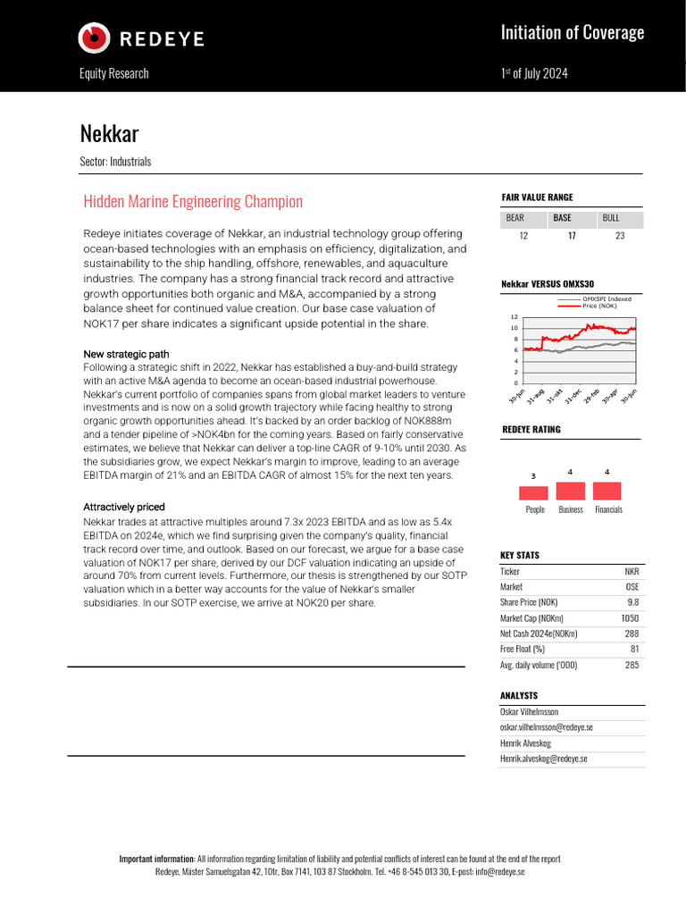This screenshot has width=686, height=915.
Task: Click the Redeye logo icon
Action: click(94, 38)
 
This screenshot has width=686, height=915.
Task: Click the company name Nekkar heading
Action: click(109, 134)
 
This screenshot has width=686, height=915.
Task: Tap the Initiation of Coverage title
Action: click(572, 33)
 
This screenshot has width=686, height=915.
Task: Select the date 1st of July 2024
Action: click(534, 73)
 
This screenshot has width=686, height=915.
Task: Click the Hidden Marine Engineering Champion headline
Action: click(192, 201)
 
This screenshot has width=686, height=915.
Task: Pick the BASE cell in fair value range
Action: click(562, 217)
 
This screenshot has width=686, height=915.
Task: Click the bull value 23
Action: click(620, 236)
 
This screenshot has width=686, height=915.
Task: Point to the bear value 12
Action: click(524, 236)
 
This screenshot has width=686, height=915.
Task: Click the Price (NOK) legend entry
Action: click(606, 306)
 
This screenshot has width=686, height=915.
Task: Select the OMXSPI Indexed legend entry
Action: click(606, 298)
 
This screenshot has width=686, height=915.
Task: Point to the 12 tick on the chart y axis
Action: click(514, 317)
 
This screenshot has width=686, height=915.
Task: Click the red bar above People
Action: click(533, 491)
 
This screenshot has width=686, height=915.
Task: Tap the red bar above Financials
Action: click(607, 491)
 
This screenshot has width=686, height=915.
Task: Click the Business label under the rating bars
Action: click(571, 509)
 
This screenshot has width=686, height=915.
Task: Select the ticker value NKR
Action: click(632, 572)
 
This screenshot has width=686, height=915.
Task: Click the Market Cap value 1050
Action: click(630, 618)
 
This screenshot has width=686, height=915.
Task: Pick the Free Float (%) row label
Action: click(523, 650)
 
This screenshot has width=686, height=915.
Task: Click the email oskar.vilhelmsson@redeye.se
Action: click(546, 727)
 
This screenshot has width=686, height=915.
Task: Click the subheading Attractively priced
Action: click(124, 507)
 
